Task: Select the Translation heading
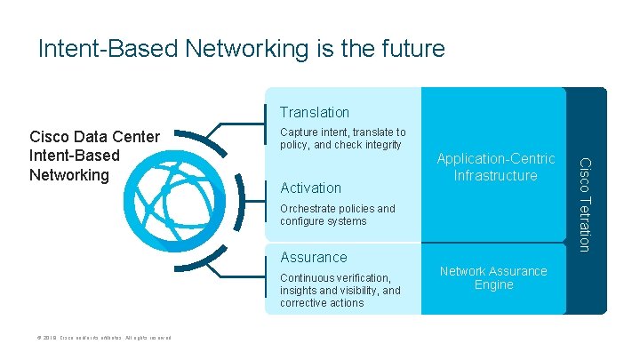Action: click(315, 113)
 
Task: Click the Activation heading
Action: click(310, 188)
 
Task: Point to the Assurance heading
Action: click(313, 257)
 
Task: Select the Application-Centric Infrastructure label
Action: click(495, 167)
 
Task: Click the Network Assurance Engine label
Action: click(493, 277)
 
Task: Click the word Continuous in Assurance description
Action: click(308, 278)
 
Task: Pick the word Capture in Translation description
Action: click(300, 132)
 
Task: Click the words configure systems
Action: click(323, 221)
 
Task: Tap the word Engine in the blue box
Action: click(493, 284)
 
